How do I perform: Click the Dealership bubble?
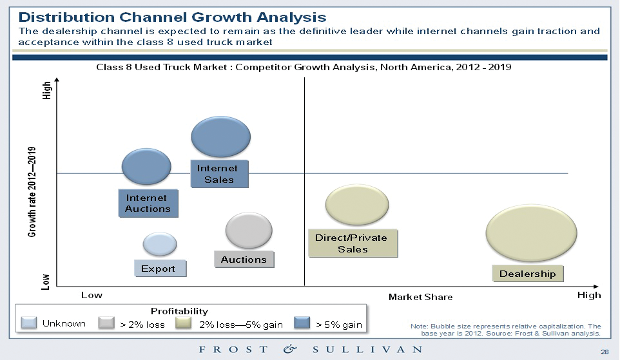point(531,233)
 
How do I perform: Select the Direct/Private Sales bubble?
point(357,205)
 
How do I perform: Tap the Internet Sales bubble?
point(221,137)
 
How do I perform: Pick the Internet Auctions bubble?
point(146,166)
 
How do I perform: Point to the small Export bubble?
point(159,244)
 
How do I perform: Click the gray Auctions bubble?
point(248,231)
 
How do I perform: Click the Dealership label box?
point(527,274)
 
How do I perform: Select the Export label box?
point(159,269)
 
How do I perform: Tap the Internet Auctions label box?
point(148,204)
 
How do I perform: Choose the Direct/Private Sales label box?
point(352,243)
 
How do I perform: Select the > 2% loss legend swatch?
point(107,323)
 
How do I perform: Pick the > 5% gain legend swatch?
point(302,323)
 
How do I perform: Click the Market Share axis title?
point(420,297)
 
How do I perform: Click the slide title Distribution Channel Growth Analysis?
point(168,17)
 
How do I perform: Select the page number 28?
point(604,352)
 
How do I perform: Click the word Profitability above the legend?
point(179,311)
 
